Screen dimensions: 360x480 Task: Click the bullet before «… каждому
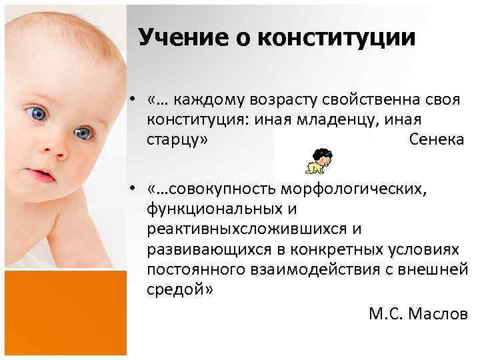pyautogui.click(x=135, y=100)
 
